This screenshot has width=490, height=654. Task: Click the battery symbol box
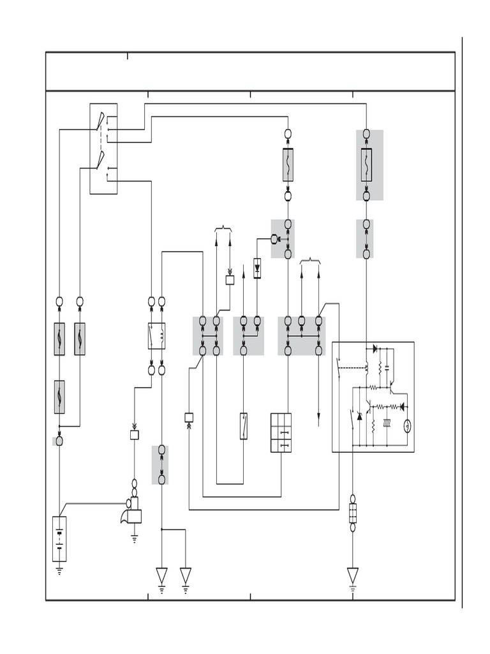(x=59, y=538)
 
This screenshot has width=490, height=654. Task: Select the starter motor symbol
(x=132, y=510)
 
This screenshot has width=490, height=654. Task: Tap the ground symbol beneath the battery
(x=59, y=570)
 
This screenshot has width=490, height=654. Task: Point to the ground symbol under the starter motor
(x=135, y=538)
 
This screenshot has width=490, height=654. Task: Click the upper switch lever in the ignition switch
(x=100, y=121)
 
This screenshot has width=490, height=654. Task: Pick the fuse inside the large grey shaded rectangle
(x=366, y=165)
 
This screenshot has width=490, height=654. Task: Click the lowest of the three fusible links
(x=59, y=397)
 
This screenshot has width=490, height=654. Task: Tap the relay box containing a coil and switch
(x=156, y=336)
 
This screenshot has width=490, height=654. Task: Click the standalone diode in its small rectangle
(x=257, y=268)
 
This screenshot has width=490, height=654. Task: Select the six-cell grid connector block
(x=281, y=433)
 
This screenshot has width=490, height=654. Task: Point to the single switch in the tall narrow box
(x=244, y=426)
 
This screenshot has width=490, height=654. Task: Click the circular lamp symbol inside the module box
(x=408, y=426)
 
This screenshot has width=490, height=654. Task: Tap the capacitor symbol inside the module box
(x=388, y=369)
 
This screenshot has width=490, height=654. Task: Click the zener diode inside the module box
(x=359, y=416)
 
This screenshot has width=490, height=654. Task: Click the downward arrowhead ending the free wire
(x=318, y=421)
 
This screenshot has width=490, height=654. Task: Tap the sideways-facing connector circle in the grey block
(x=276, y=240)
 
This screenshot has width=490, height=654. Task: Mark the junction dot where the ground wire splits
(x=161, y=529)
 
